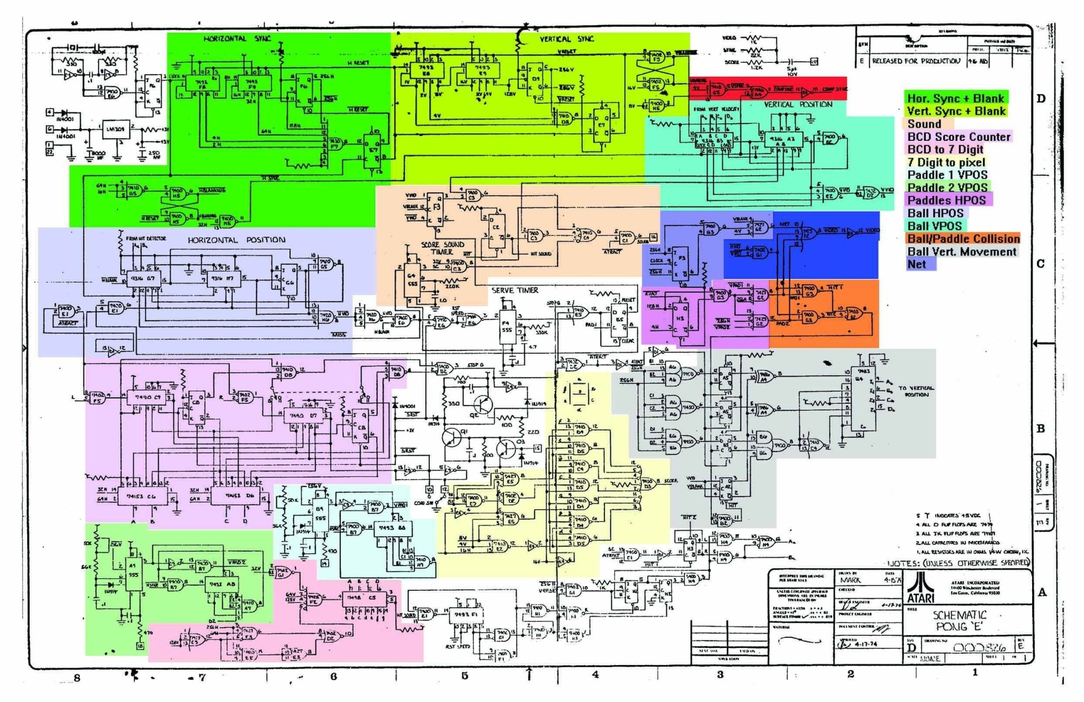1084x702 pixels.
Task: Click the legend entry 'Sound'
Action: tap(924, 124)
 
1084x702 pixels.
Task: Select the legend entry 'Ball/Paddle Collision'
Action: tap(963, 239)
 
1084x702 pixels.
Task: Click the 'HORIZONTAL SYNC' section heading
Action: tap(237, 39)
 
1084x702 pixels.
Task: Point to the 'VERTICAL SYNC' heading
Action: tap(566, 39)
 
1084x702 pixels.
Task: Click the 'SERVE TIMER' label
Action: tap(514, 290)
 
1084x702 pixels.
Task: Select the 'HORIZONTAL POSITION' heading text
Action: tap(236, 240)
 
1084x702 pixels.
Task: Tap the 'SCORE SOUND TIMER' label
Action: tap(442, 248)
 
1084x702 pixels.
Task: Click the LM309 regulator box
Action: tap(115, 129)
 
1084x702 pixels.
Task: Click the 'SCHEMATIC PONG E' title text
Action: tap(959, 620)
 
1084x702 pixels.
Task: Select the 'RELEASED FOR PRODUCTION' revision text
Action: tap(916, 61)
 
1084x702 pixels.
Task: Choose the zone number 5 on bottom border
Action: tap(464, 676)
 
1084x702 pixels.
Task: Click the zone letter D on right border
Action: tap(1041, 99)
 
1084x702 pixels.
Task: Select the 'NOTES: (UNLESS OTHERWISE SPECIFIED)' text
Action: tap(958, 563)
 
